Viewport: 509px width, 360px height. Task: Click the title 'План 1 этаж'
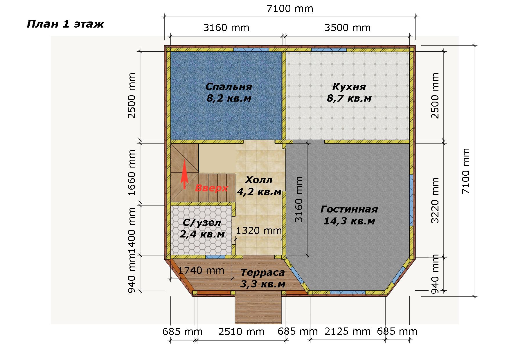(65, 24)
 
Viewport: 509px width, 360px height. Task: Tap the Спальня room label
(229, 93)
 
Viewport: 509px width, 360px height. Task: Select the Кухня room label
(349, 93)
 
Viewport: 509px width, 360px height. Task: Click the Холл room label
(259, 186)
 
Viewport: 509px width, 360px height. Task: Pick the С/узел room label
(202, 228)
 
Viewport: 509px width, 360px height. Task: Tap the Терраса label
(263, 278)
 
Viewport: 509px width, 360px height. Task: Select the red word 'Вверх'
(211, 188)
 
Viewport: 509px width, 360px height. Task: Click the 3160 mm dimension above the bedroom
(226, 28)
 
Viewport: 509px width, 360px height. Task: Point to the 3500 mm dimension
(348, 28)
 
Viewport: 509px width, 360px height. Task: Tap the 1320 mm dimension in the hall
(258, 231)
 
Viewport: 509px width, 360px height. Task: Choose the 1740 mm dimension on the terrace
(201, 271)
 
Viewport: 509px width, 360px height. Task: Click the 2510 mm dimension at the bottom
(241, 331)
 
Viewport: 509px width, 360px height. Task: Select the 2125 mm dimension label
(348, 331)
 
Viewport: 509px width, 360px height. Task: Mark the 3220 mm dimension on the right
(435, 200)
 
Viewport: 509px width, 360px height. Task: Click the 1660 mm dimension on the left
(132, 173)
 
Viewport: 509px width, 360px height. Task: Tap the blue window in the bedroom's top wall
(251, 50)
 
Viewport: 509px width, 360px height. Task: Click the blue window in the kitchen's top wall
(329, 50)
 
